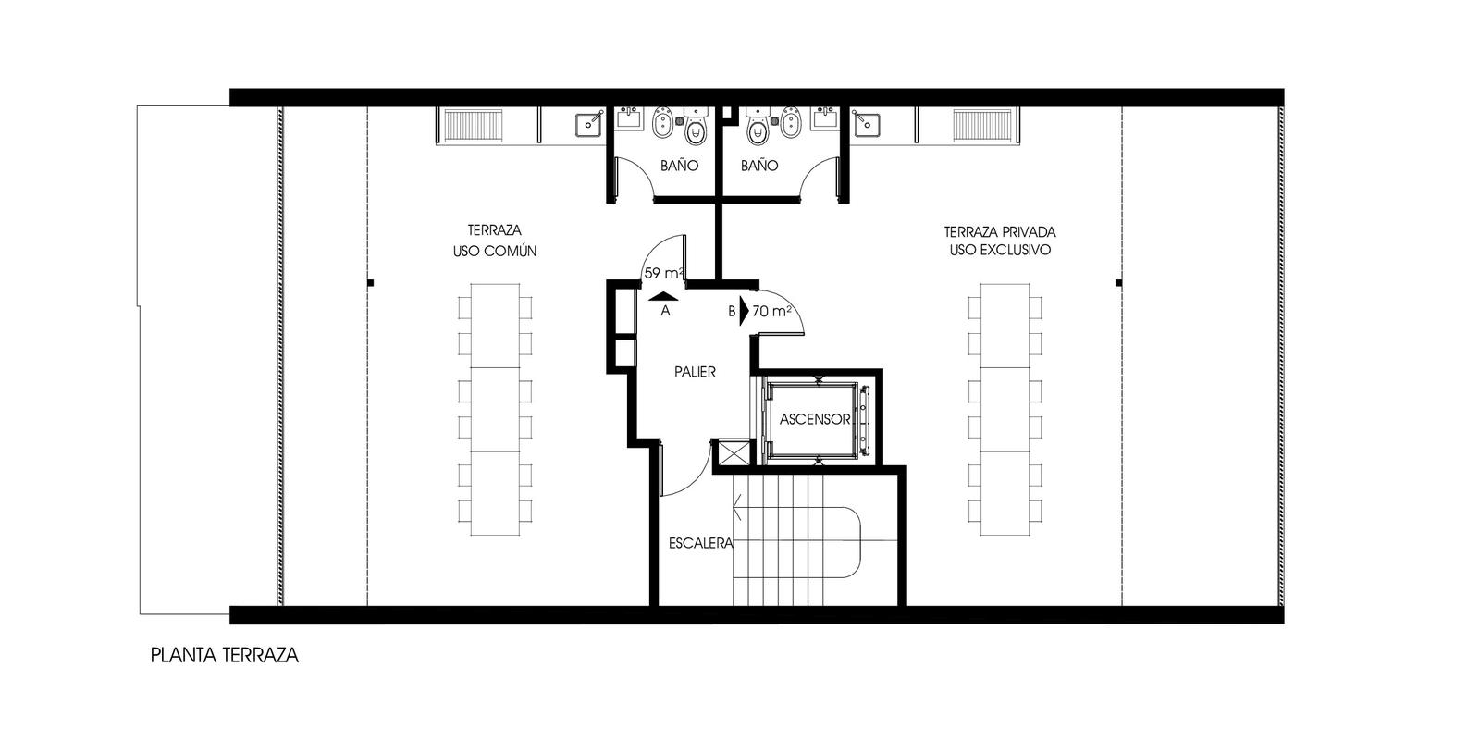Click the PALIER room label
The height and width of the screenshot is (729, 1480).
pos(695,372)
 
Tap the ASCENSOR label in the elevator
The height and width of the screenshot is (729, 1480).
pos(815,419)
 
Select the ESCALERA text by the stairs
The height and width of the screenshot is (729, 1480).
pos(701,543)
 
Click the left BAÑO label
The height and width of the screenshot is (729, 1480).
pos(679,166)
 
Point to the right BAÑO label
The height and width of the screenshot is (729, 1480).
pos(759,166)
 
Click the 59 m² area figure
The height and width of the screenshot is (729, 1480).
pos(663,273)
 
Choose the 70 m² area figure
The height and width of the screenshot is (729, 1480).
pos(771,311)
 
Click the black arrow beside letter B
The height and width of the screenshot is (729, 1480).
pos(744,311)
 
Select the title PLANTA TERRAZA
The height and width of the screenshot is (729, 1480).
pos(225,655)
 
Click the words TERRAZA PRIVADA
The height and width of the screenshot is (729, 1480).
pos(1000,232)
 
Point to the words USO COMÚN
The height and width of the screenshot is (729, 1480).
pos(494,251)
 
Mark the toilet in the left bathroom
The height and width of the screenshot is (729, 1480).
pos(695,129)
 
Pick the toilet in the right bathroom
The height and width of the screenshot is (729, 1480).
pos(758,129)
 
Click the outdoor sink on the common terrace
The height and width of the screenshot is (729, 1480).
pos(588,124)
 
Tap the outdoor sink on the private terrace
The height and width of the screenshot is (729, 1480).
pos(866,124)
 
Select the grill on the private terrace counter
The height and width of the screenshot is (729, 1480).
pos(982,126)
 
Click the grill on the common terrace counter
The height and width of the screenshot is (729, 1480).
pos(474,126)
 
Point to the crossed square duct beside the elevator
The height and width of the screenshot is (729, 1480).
pos(732,453)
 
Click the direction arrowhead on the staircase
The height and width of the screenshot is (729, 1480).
pos(738,508)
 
